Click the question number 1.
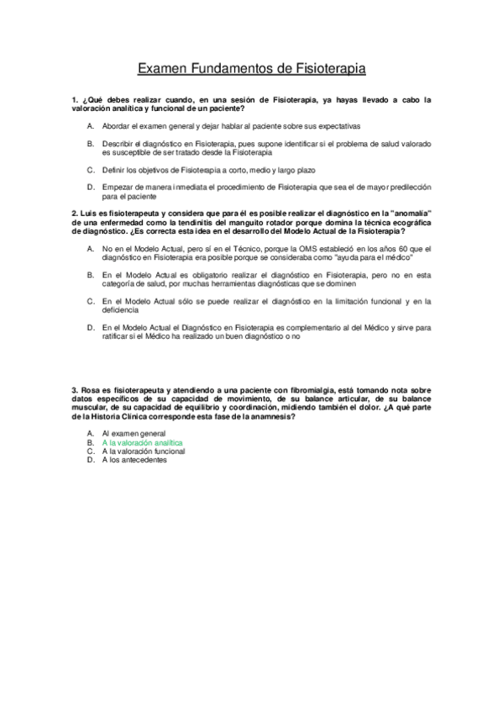[x=75, y=99]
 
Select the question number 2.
[x=75, y=214]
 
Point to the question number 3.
[x=75, y=390]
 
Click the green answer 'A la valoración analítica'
[x=141, y=441]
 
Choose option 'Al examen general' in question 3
[x=134, y=432]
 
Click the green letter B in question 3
[x=89, y=441]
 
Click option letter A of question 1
[x=90, y=125]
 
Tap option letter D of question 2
[x=90, y=327]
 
